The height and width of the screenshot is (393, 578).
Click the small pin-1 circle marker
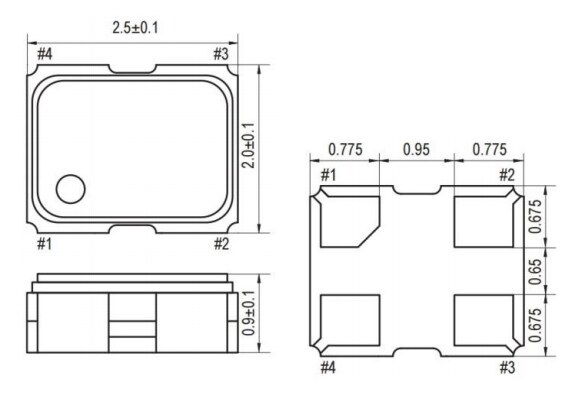[x=70, y=188]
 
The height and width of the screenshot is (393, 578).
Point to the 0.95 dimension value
[x=416, y=150]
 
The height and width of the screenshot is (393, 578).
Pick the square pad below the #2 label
[x=482, y=221]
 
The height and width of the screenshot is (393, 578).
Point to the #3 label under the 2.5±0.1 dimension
[x=222, y=53]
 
